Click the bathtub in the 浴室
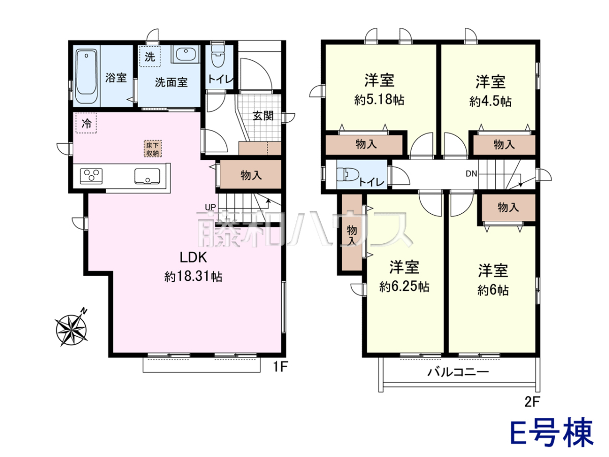click(86, 76)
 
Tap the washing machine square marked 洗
click(150, 56)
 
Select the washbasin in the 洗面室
click(185, 54)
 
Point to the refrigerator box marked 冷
click(86, 123)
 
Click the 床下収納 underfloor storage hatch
click(153, 149)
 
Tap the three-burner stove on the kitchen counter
click(91, 176)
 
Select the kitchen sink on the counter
click(147, 176)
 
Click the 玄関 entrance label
click(263, 116)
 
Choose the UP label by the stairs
click(210, 207)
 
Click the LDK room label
click(193, 257)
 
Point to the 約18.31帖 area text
click(193, 277)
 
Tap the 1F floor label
click(280, 367)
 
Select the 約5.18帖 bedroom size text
click(379, 100)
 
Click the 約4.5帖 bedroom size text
click(490, 101)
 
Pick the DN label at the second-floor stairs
click(471, 174)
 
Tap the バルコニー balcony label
click(458, 372)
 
